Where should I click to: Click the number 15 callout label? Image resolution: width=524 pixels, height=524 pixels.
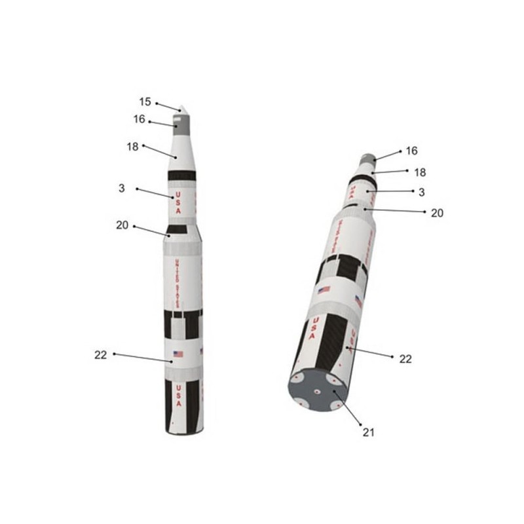pos(145,102)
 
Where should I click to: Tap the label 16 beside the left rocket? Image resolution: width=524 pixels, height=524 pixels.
pos(139,119)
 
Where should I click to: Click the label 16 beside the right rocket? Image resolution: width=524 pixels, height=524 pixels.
pos(411,151)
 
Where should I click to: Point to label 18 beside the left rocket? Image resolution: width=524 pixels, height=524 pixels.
pos(132,147)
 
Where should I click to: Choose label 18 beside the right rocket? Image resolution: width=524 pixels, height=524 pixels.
pos(420,172)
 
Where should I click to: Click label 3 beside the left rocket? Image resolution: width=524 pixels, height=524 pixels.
pos(122,188)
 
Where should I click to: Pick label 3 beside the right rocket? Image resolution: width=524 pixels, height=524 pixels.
pos(422,192)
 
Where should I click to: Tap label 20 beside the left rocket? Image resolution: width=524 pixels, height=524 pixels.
pos(122,225)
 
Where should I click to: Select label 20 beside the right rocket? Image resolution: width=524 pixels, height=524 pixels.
pos(437,212)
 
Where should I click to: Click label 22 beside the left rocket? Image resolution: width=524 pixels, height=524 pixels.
pos(100,354)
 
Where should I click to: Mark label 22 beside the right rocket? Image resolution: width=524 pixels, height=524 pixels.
pos(405,358)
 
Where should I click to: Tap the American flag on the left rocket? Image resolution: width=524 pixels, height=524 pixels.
pos(178,354)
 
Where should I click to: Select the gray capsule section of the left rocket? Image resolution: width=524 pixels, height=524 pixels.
pos(181,121)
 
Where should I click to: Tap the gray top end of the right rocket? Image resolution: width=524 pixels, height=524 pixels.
pos(368,159)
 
